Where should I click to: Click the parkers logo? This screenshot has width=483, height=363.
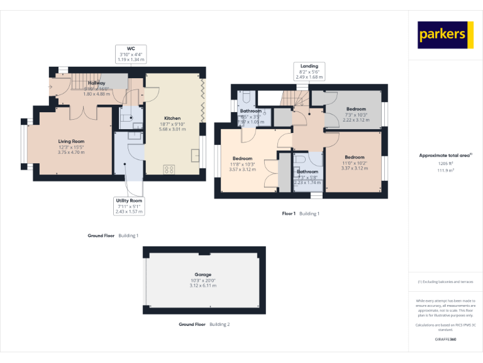coord(445,35)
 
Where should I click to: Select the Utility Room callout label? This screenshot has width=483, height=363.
coord(130,206)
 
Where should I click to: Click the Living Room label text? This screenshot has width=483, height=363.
coord(71,146)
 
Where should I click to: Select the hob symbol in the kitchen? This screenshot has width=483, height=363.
coord(169,169)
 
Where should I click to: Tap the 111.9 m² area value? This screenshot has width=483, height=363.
coord(445,170)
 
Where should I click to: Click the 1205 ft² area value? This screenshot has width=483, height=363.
coord(445,163)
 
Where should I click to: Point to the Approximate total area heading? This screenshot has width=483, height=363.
coord(445,154)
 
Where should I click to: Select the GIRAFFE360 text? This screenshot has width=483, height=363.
coord(445,340)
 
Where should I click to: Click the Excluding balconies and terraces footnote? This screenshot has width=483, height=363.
coord(445,282)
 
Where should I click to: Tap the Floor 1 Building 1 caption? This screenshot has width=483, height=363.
coord(301,214)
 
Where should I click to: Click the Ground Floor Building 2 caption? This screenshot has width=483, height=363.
coord(204,324)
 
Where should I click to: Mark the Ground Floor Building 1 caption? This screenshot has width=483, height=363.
coord(113,235)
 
